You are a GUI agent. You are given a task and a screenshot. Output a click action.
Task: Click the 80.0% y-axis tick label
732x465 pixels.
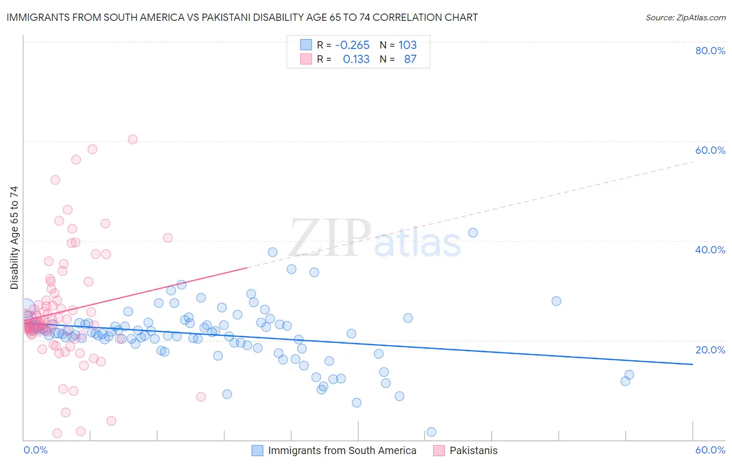(x=710, y=51)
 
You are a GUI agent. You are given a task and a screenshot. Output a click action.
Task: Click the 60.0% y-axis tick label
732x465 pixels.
(x=710, y=150)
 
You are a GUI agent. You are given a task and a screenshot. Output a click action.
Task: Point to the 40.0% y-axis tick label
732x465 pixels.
(x=710, y=250)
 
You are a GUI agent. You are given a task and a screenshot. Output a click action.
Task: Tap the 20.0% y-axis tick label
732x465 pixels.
(x=710, y=350)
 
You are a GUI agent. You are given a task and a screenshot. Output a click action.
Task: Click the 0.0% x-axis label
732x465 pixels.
(x=35, y=450)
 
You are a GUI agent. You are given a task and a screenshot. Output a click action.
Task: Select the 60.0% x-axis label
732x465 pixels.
(x=710, y=450)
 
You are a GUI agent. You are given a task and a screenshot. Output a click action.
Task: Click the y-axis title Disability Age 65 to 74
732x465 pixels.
(x=14, y=238)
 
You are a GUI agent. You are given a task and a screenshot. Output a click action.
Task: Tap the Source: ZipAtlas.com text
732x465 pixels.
(x=685, y=17)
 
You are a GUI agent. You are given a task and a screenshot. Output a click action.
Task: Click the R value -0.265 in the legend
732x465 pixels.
(x=352, y=45)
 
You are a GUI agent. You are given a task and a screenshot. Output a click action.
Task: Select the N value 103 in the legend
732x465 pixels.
(x=408, y=45)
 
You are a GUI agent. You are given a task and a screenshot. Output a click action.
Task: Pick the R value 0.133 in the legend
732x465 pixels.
(x=356, y=59)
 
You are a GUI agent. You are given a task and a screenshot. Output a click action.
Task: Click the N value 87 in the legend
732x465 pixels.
(x=410, y=59)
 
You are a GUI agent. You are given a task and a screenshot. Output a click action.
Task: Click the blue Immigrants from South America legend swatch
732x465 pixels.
(x=257, y=450)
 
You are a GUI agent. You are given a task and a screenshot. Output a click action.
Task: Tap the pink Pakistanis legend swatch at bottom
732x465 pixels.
(x=439, y=450)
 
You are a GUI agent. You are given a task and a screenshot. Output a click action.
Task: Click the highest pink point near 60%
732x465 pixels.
(x=133, y=139)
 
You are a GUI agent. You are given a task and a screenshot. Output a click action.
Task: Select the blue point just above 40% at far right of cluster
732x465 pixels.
(x=473, y=232)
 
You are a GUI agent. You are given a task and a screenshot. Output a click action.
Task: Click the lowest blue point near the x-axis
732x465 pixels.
(x=431, y=432)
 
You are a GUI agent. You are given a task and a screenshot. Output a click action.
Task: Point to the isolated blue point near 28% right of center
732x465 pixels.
(x=556, y=301)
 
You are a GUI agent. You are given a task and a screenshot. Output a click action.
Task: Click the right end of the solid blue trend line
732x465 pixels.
(x=692, y=364)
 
